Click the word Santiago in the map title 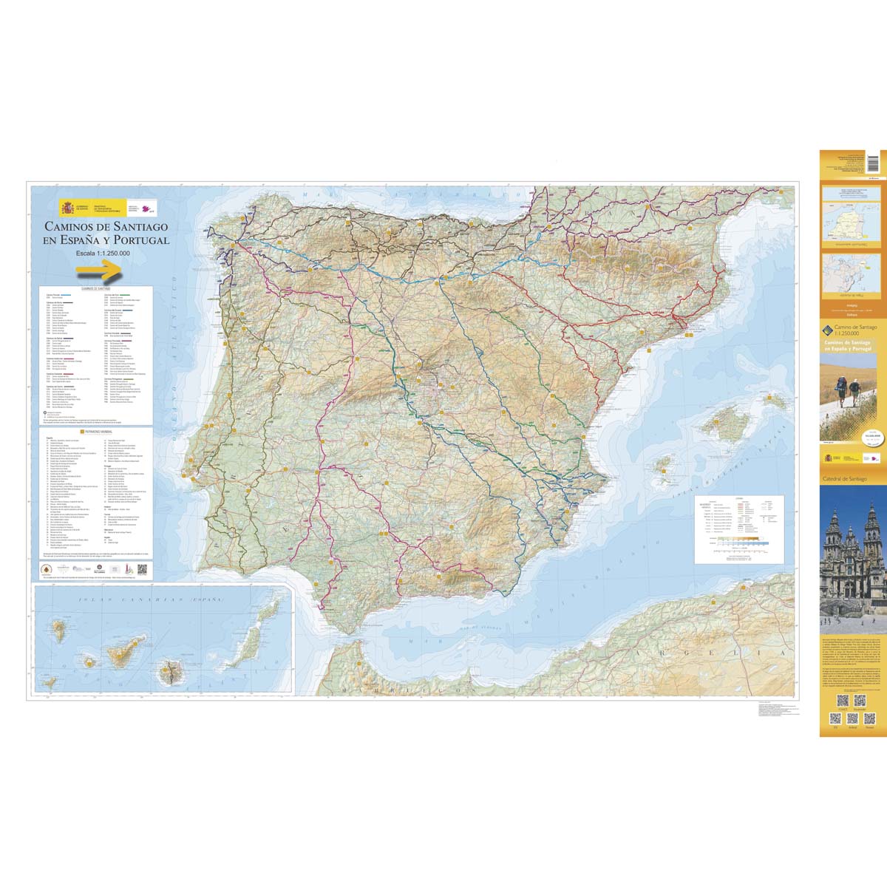pos(140,226)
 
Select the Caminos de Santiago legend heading pos(96,289)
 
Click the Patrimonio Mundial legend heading pos(96,429)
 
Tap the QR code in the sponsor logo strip pos(142,570)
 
